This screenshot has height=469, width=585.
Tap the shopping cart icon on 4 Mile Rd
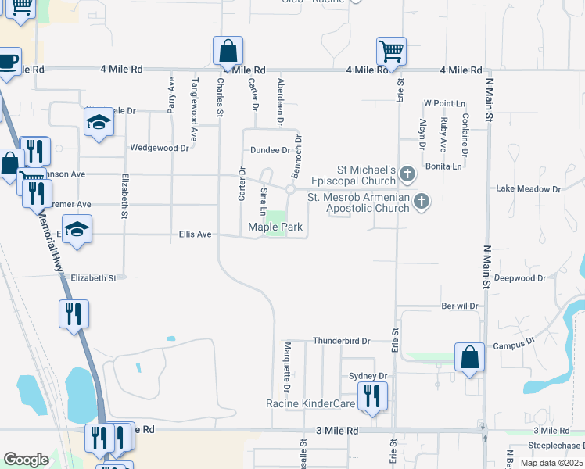click(x=391, y=51)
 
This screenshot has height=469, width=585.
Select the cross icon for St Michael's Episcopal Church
click(x=407, y=172)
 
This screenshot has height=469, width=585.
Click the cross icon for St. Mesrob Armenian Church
click(x=422, y=202)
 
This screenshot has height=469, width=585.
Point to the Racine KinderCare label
click(x=310, y=403)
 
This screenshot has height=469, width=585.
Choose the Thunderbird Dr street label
click(x=341, y=341)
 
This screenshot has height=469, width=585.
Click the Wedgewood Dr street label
click(x=160, y=147)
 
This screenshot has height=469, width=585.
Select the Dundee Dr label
click(x=270, y=150)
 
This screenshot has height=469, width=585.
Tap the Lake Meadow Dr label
click(x=529, y=189)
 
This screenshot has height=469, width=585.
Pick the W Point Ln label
click(x=444, y=103)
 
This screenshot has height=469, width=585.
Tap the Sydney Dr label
click(x=368, y=376)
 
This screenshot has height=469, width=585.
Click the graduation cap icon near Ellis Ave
click(x=77, y=228)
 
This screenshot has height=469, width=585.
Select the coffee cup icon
click(x=8, y=60)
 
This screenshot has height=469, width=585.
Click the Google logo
click(x=26, y=460)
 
